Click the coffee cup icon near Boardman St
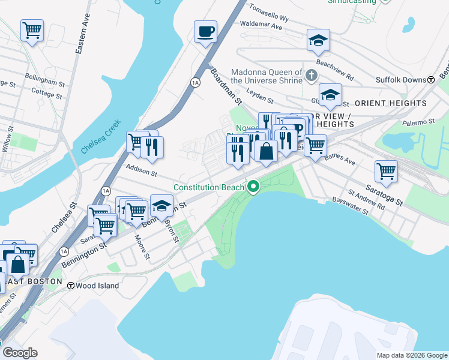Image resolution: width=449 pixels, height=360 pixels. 205,31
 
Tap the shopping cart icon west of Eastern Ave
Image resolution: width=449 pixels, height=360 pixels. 32,29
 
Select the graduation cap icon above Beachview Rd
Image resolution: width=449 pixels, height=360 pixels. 319,40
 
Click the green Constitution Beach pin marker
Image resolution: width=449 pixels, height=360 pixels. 253,188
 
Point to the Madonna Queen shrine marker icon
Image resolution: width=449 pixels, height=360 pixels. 311,76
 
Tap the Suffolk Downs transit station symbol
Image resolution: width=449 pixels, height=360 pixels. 431,80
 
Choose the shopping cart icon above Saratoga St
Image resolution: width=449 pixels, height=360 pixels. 386,171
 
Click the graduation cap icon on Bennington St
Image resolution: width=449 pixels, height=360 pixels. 161,206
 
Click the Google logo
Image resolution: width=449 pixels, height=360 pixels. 20,353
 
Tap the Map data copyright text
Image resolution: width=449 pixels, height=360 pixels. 412,355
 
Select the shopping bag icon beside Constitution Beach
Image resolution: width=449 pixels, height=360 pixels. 266,150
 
